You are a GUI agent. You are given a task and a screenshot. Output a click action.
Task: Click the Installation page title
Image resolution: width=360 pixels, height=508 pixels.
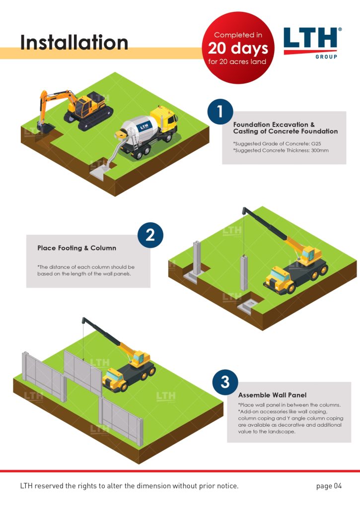(x=74, y=43)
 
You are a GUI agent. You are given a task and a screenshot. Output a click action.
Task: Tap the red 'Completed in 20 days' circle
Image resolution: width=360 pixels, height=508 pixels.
(x=238, y=48)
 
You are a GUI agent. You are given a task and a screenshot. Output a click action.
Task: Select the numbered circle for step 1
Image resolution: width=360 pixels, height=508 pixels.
(x=220, y=112)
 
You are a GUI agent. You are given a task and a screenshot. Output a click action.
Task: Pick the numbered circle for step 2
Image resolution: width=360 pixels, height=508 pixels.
(x=150, y=235)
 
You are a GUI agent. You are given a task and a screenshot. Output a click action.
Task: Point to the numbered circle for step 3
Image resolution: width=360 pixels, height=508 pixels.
(x=225, y=382)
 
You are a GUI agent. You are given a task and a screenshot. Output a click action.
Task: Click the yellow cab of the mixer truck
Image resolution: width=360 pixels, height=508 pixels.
(x=165, y=118)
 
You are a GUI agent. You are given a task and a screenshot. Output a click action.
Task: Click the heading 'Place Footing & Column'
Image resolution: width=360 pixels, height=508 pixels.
(x=76, y=248)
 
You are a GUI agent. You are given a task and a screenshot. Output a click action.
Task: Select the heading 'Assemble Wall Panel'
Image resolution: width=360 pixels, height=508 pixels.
(x=272, y=395)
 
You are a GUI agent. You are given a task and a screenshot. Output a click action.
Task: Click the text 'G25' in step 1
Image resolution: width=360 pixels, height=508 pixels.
(x=316, y=143)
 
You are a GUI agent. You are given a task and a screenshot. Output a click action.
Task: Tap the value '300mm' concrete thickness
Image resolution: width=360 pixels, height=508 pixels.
(x=320, y=150)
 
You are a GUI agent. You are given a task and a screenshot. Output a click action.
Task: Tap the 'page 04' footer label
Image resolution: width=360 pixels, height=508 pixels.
(x=329, y=486)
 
